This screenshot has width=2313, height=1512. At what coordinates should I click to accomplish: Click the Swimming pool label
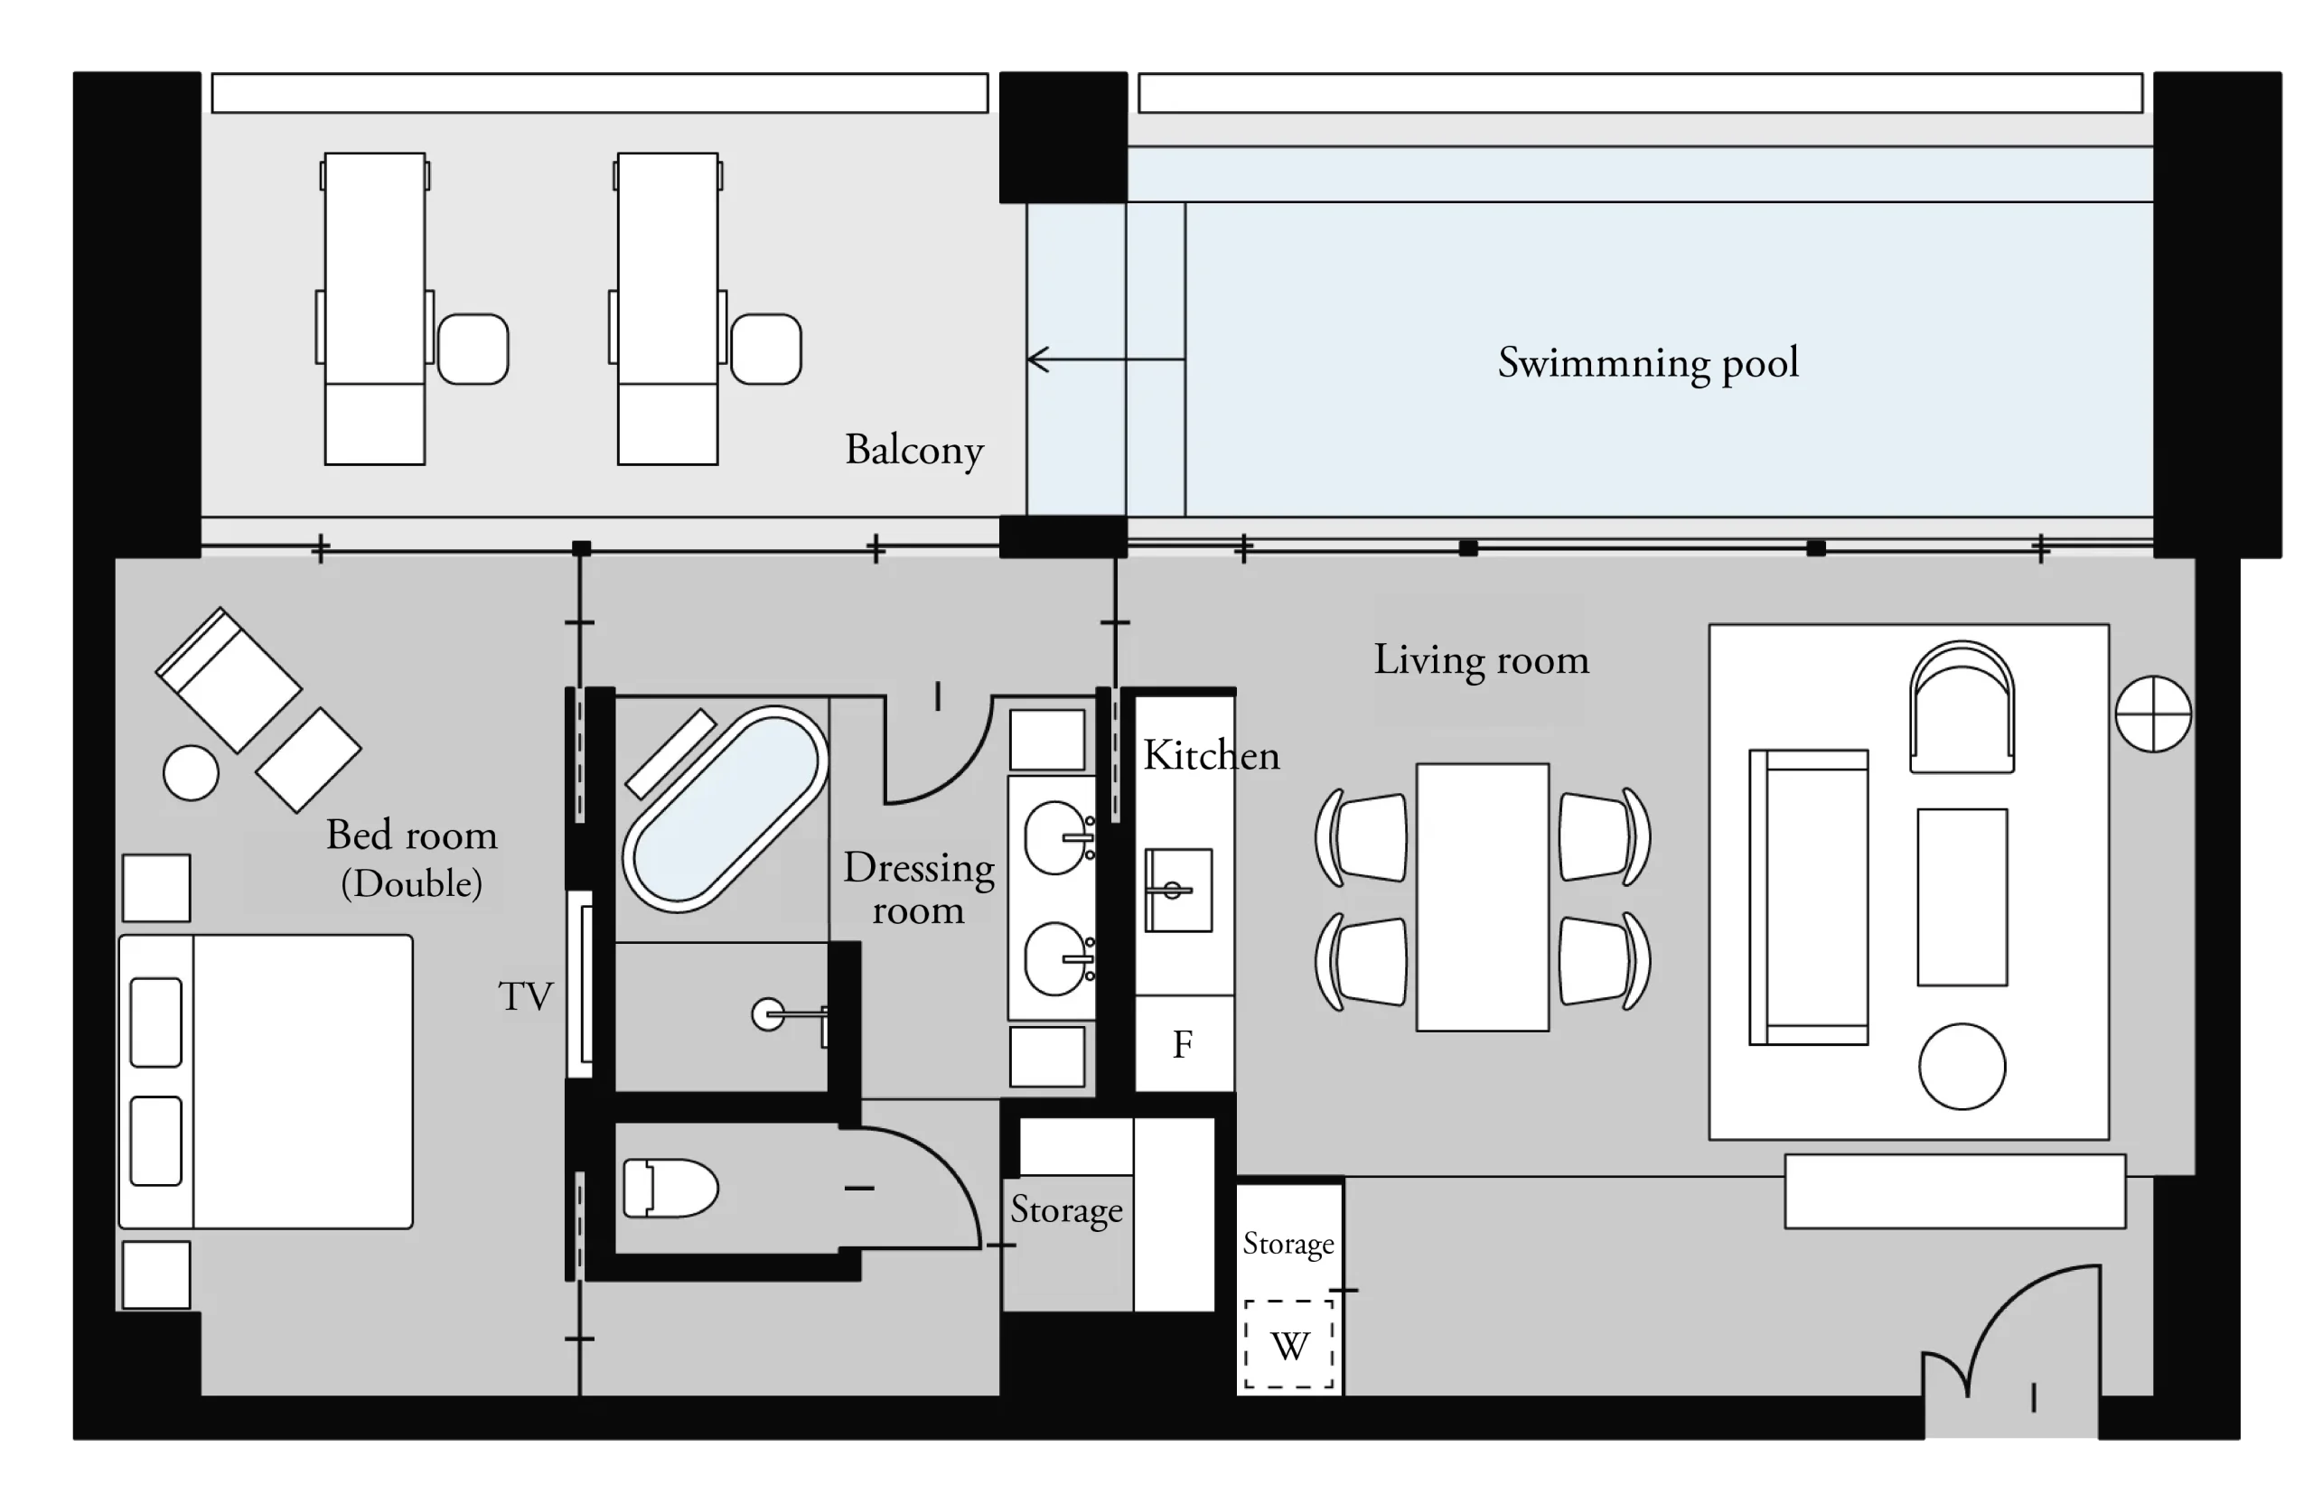(1647, 363)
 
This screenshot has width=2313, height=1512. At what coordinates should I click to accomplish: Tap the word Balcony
(913, 450)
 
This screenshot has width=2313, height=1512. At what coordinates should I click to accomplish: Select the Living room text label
(1481, 659)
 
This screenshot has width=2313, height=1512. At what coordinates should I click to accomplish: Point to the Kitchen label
(1211, 755)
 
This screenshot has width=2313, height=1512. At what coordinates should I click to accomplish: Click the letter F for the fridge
(1183, 1045)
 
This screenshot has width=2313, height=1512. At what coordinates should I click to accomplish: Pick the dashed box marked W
(1289, 1344)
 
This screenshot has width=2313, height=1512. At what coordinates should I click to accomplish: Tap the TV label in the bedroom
(526, 996)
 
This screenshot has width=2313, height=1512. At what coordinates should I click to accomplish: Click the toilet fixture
(670, 1188)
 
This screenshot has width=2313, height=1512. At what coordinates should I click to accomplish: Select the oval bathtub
(725, 808)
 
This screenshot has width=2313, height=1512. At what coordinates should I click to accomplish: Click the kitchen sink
(1178, 890)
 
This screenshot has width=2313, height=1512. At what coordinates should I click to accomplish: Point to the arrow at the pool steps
(1106, 359)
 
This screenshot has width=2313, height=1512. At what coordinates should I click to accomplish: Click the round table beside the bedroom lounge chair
(191, 772)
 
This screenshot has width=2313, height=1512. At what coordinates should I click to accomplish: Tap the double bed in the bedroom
(266, 1081)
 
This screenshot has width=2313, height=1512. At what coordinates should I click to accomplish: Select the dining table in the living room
(1482, 897)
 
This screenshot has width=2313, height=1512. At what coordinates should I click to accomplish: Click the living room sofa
(1809, 897)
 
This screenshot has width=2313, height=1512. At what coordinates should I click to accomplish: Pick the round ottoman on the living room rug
(1962, 1066)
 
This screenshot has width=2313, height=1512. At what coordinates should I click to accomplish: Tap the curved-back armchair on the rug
(1962, 706)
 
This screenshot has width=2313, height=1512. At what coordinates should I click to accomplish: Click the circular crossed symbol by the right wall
(2154, 714)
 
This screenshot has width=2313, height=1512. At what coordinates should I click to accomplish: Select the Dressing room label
(918, 888)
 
